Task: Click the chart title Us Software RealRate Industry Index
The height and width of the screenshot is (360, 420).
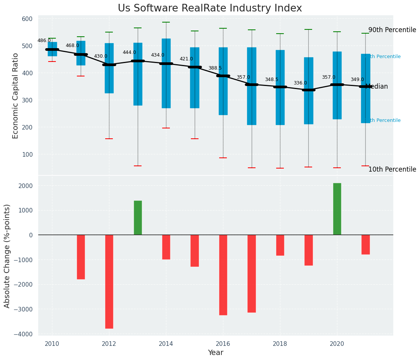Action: (210, 8)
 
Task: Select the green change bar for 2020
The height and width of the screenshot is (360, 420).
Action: (337, 209)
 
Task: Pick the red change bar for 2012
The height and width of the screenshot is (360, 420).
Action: (109, 281)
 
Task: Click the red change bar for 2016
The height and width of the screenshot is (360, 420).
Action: (223, 274)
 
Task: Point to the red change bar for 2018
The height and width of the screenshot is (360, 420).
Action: (280, 245)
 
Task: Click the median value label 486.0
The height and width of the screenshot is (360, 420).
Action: (44, 41)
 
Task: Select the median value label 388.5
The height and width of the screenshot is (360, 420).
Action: (215, 68)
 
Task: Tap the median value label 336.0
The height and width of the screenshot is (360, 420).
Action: (300, 83)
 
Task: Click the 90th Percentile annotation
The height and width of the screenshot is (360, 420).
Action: (392, 30)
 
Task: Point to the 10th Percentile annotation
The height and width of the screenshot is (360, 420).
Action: (392, 169)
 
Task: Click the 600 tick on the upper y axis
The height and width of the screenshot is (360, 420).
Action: (30, 19)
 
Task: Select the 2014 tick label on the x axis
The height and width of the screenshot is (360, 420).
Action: (166, 344)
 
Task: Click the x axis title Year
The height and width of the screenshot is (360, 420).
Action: (216, 353)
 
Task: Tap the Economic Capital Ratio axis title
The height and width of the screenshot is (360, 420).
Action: (16, 96)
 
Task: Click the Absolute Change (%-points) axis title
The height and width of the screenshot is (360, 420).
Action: (7, 256)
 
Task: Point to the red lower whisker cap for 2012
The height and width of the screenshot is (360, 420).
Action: (109, 139)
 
